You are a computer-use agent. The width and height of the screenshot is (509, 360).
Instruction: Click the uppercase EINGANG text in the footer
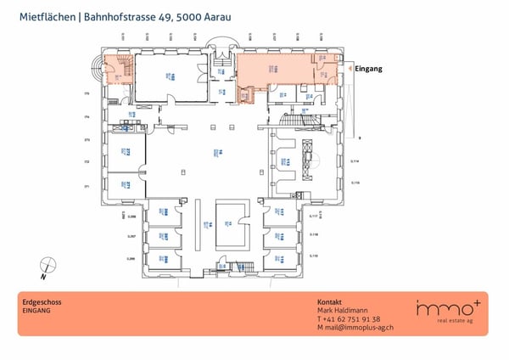[x=36, y=311]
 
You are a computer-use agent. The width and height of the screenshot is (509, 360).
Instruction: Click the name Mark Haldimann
[x=344, y=311]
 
